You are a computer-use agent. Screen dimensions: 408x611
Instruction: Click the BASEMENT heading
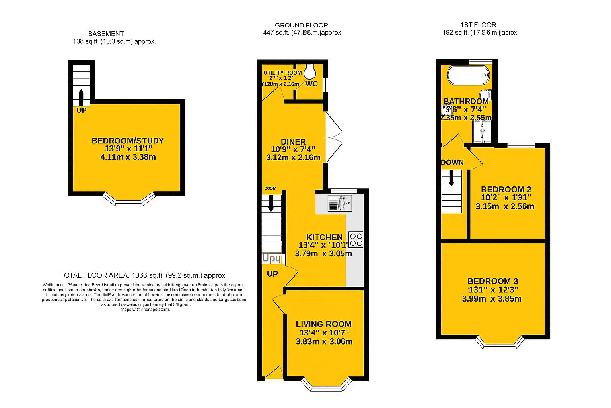click(x=106, y=34)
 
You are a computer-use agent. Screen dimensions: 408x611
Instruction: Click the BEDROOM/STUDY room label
click(x=128, y=141)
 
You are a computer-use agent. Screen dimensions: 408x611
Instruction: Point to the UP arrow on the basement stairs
click(x=81, y=97)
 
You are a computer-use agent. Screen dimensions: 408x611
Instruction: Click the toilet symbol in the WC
click(x=309, y=72)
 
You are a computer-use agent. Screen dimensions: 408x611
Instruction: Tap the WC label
click(x=312, y=84)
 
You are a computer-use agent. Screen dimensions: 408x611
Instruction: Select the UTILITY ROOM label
click(x=282, y=73)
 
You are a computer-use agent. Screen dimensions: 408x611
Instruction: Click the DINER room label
click(x=293, y=142)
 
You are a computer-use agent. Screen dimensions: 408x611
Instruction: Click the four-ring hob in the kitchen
click(x=356, y=239)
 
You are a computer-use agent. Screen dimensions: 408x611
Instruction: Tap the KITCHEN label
click(x=324, y=237)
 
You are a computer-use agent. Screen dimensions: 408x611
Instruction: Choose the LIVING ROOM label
click(x=324, y=324)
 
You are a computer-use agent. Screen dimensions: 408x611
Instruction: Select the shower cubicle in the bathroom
click(x=483, y=132)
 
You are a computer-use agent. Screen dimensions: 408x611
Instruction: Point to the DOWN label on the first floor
click(x=452, y=162)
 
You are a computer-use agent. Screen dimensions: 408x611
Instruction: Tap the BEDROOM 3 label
click(x=492, y=281)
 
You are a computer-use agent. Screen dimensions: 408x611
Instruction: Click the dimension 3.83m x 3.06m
click(x=324, y=341)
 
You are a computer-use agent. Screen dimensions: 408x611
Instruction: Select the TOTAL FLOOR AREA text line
click(x=143, y=275)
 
